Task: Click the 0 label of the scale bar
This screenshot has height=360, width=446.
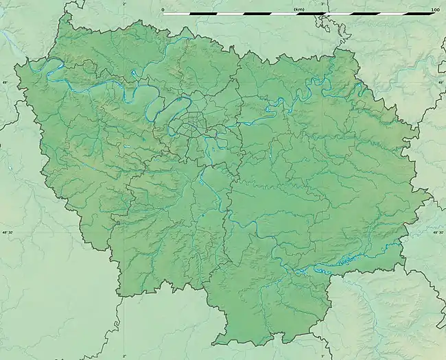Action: [x=163, y=10]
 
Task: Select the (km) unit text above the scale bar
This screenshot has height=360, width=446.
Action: [x=298, y=10]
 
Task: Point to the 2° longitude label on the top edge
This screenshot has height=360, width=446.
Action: [x=124, y=3]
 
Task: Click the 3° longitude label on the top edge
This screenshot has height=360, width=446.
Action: [x=324, y=3]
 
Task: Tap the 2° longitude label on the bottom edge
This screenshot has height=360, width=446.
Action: [x=124, y=356]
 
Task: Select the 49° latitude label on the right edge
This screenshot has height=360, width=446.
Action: [x=441, y=82]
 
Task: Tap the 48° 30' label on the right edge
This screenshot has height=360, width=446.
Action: [x=438, y=233]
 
